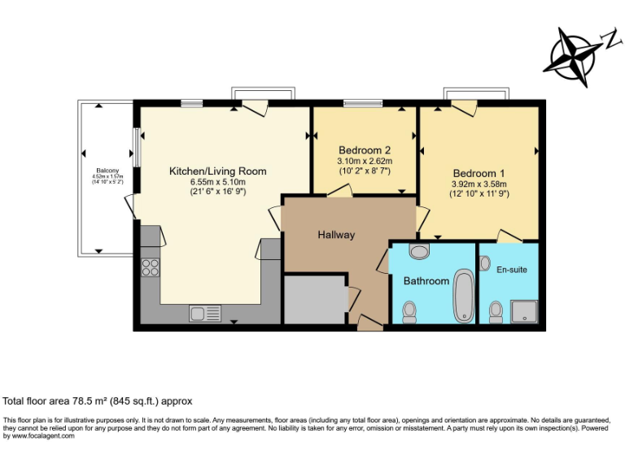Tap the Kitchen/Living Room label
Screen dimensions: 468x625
(x=217, y=171)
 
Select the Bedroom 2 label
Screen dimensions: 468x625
(x=365, y=150)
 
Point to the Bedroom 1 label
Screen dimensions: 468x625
(x=479, y=173)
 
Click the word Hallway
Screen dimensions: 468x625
(x=336, y=235)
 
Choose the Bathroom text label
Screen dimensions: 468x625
(x=426, y=281)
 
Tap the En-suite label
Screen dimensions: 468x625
(x=512, y=268)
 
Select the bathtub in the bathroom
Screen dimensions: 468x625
(x=464, y=296)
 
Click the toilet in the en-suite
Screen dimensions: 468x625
(x=495, y=311)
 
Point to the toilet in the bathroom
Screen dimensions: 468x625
(x=409, y=311)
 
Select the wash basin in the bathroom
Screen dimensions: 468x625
(x=419, y=251)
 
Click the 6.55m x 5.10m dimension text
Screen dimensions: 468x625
(x=217, y=182)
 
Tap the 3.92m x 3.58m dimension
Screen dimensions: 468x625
(x=479, y=184)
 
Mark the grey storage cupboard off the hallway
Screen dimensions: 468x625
(x=315, y=301)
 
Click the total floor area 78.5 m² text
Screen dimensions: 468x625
(x=98, y=401)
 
